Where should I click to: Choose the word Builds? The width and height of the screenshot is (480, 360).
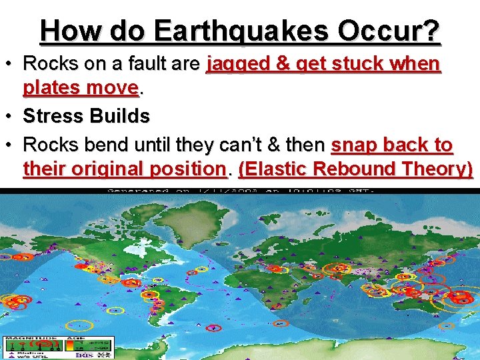[x=121, y=116]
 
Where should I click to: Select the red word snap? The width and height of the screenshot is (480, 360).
[x=353, y=145]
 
